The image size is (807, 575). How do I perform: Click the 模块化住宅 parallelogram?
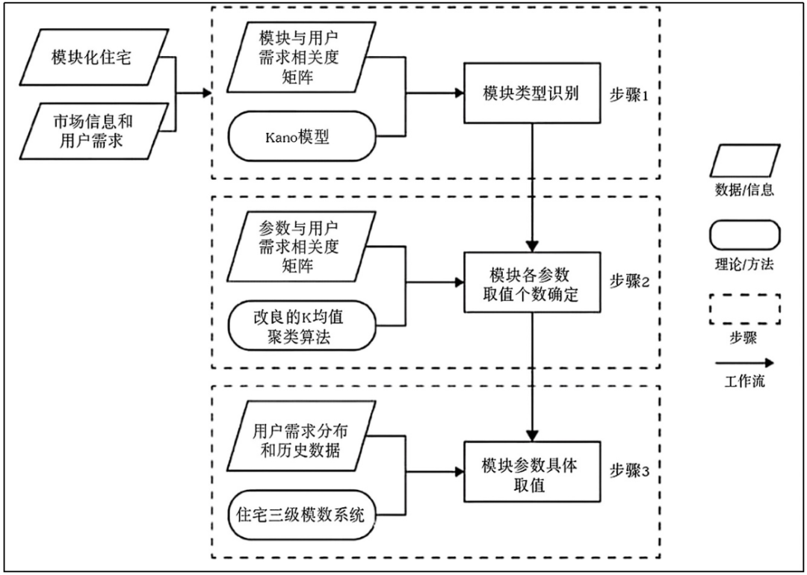[90, 57]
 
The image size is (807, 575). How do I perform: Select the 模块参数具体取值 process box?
[532, 473]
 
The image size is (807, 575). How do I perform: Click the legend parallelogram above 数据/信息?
[744, 161]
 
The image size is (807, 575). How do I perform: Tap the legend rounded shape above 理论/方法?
[744, 236]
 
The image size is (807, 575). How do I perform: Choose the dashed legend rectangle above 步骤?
[744, 308]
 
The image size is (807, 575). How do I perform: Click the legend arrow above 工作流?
[744, 361]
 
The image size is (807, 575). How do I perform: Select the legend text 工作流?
[744, 382]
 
